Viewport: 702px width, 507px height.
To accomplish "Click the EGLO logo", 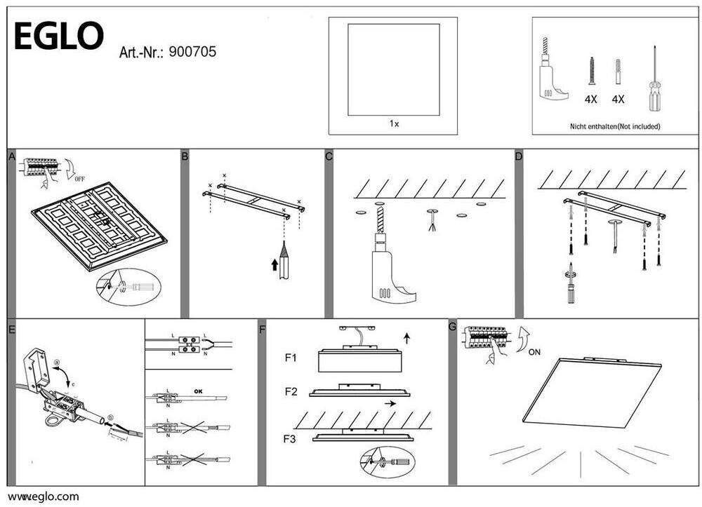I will (x=58, y=36).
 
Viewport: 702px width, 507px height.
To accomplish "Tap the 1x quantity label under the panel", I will (x=394, y=123).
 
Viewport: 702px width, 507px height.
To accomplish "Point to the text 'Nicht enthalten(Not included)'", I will (x=614, y=127).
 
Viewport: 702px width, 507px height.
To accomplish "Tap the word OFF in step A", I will (x=79, y=178).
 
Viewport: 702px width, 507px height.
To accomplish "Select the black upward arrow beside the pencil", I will (x=274, y=264).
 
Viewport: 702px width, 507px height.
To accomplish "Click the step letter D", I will (x=519, y=156).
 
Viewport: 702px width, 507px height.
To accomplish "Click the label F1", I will (x=291, y=358).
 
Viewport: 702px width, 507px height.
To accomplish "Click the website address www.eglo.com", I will (x=44, y=496).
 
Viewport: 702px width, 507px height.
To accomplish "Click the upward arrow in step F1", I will (x=407, y=339).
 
